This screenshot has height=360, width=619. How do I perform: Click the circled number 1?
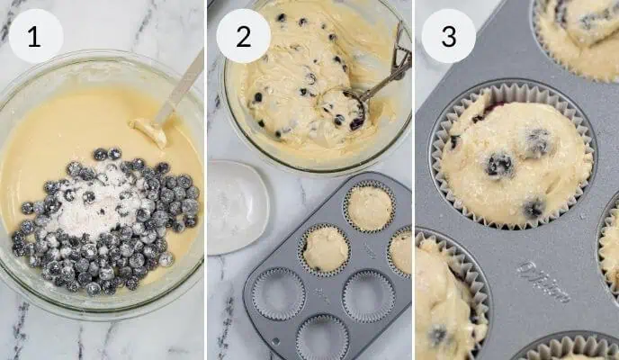35,36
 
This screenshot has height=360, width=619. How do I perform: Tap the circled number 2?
243,36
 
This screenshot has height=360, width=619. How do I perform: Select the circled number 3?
448,36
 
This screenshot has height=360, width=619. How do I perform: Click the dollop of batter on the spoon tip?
150,132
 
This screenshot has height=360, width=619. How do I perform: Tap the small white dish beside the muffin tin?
237,206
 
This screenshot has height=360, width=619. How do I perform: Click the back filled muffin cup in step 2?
370,208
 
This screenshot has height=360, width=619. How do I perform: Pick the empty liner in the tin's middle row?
368,294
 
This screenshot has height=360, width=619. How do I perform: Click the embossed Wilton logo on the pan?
543,282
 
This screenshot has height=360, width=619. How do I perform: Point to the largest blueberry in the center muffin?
499,165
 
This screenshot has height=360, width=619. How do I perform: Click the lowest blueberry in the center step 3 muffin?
533,208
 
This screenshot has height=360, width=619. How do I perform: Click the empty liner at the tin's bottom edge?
322,338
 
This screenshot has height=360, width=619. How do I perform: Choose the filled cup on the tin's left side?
325,248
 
